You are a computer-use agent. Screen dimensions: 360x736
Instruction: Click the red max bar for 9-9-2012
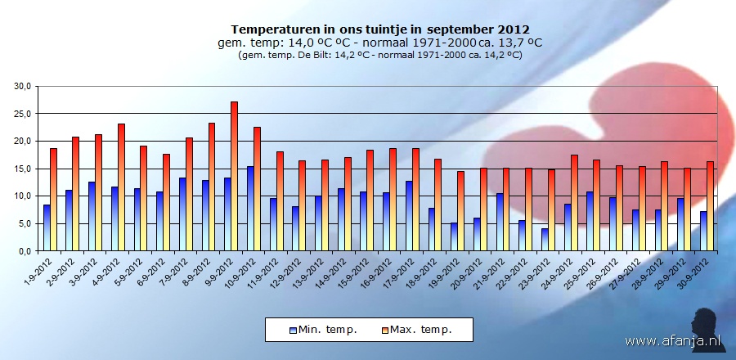coord(234,177)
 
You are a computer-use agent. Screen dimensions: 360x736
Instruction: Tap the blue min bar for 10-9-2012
coord(250,209)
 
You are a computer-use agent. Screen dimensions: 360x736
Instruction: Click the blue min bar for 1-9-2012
coord(47,228)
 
